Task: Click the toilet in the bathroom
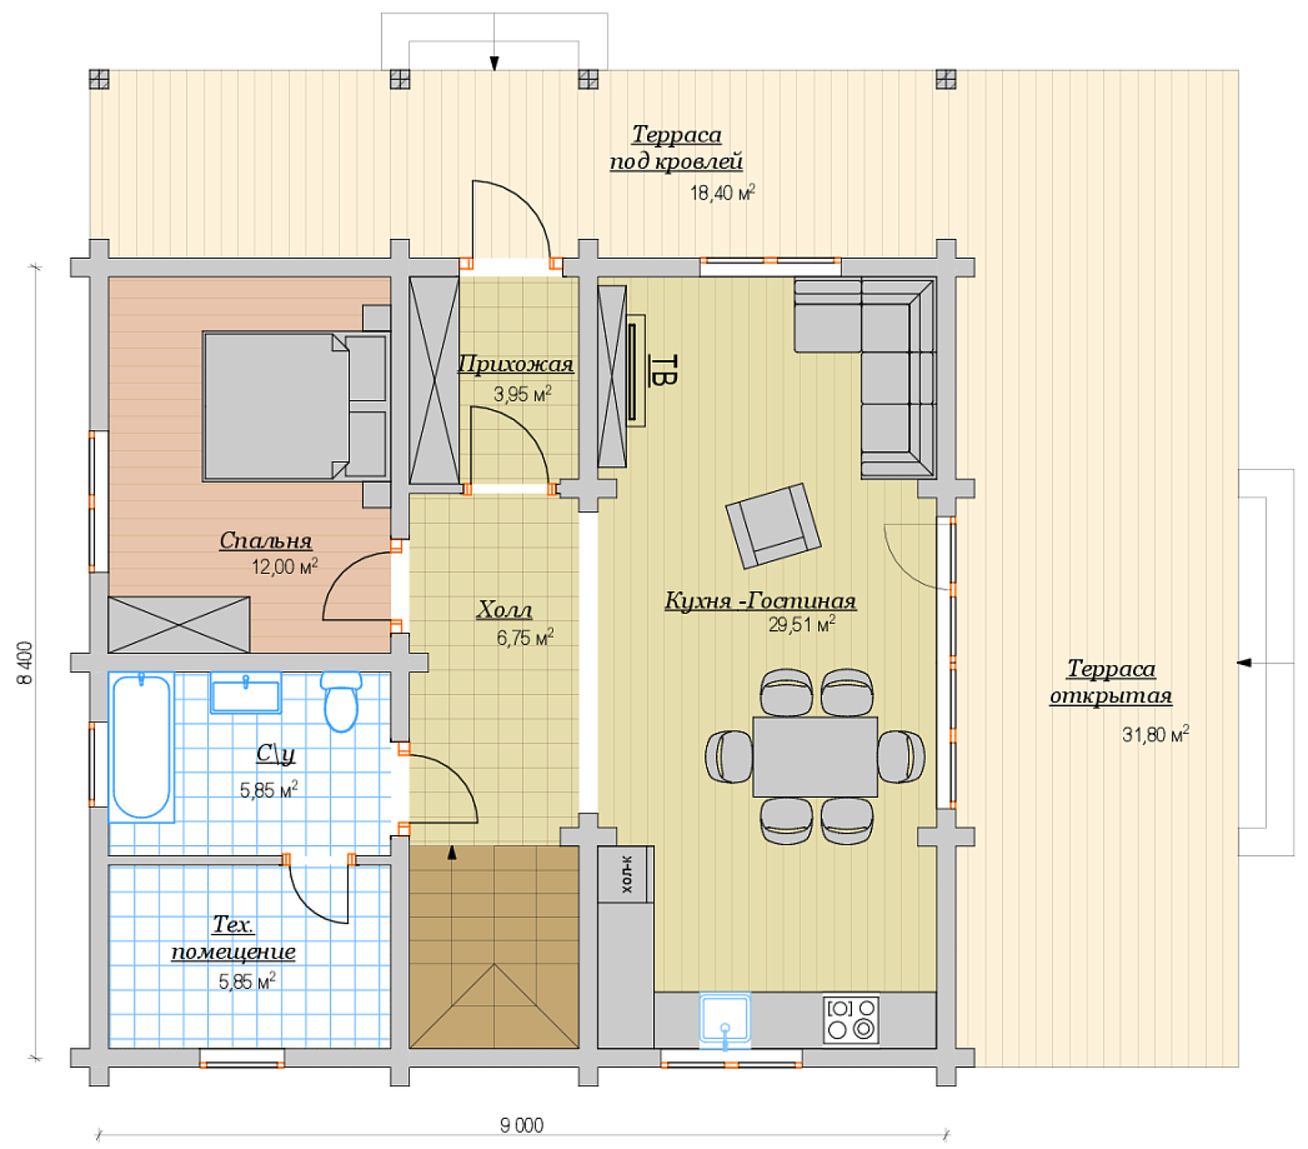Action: [341, 700]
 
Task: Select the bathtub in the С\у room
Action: [141, 746]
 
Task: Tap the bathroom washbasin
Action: [246, 693]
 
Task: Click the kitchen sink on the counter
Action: [725, 1020]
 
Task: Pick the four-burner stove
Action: [851, 1020]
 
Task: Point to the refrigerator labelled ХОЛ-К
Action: [626, 874]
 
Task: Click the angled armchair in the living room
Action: [773, 525]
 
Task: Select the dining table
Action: [815, 757]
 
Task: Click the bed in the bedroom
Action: [296, 406]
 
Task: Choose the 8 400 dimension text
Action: [25, 663]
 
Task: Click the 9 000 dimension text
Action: [522, 1125]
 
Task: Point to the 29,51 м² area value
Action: [802, 624]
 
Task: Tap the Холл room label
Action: [504, 609]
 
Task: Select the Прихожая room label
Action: [516, 363]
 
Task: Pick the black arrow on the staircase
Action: [452, 852]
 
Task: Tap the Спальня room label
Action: [266, 541]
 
